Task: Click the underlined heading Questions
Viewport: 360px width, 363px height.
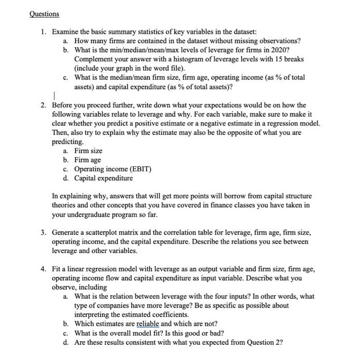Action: coord(44,13)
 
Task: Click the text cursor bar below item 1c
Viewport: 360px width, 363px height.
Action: coord(54,95)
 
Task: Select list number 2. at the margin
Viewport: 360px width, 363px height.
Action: coord(45,105)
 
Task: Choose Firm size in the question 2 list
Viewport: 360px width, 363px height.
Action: coord(88,150)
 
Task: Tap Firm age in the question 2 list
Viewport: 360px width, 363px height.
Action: coord(88,160)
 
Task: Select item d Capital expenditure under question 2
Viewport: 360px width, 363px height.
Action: coord(103,178)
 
